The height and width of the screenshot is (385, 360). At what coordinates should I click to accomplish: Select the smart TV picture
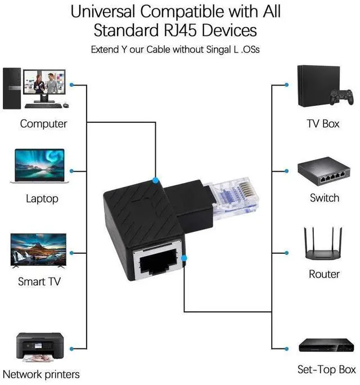(38, 250)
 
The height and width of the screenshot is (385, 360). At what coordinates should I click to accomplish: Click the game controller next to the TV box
(341, 97)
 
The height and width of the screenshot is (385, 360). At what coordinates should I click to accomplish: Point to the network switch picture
(324, 173)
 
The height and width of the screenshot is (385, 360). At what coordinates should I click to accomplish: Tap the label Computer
(43, 123)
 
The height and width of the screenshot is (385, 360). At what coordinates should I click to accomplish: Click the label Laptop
(42, 199)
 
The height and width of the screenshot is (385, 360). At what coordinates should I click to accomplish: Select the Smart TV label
(39, 281)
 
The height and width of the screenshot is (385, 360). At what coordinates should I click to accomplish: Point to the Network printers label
(41, 374)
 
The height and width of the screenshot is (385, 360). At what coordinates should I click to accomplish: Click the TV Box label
(323, 123)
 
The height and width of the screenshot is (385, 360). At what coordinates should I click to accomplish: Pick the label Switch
(325, 198)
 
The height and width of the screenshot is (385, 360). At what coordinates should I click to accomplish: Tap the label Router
(324, 274)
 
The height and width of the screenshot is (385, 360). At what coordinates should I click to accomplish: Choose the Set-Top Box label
(326, 370)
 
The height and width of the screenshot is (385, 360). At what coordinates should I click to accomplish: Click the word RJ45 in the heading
(164, 29)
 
